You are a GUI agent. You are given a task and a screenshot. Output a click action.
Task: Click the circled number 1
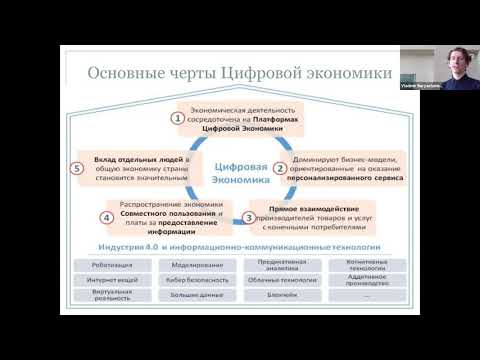tap(179, 118)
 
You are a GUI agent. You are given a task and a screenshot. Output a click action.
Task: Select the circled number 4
tap(105, 216)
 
